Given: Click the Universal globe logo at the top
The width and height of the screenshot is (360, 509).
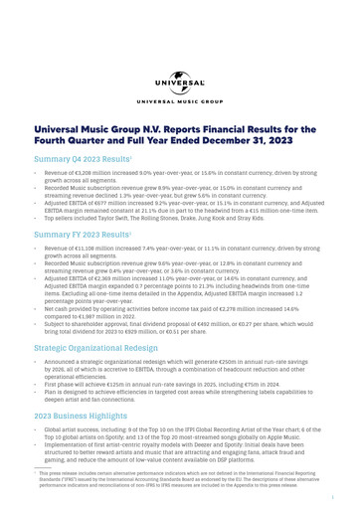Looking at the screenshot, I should [x=179, y=84].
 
